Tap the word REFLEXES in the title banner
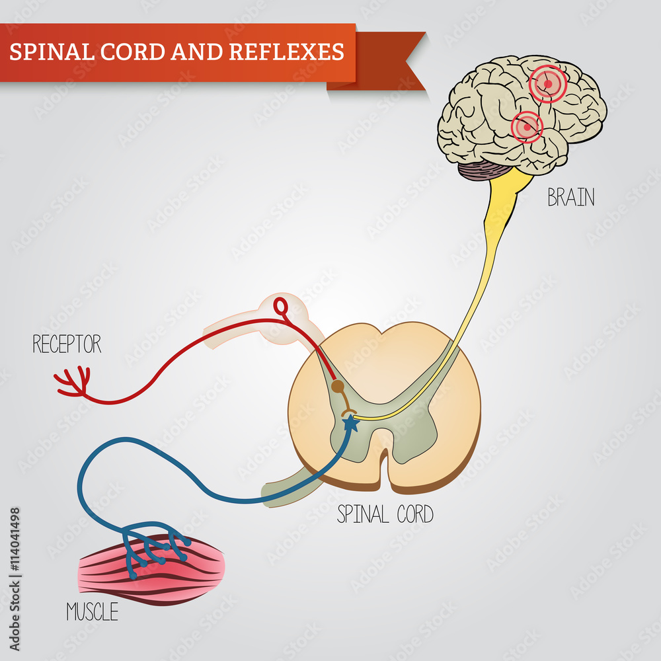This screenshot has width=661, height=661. click(x=286, y=52)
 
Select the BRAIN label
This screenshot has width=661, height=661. click(x=570, y=198)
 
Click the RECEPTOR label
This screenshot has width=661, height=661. click(x=67, y=344)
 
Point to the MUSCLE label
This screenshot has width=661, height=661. click(x=92, y=612)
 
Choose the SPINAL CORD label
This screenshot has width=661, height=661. click(x=385, y=514)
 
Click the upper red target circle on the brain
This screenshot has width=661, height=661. click(x=547, y=84)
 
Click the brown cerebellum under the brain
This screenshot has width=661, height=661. click(x=481, y=172)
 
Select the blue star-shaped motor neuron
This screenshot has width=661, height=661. click(x=350, y=424)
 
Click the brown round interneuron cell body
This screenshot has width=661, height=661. click(x=337, y=386)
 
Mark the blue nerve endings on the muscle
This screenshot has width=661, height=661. click(x=155, y=545)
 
